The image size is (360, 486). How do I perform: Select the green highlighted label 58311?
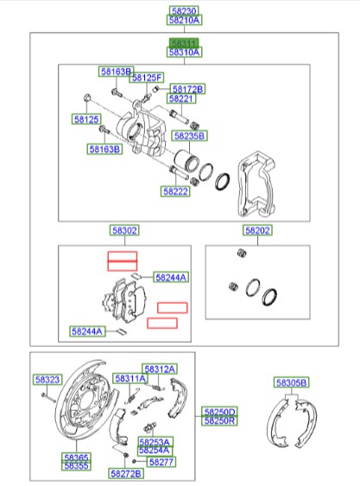184,42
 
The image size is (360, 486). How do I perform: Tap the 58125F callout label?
147,79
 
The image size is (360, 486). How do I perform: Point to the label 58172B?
187,89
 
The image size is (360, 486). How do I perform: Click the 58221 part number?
181,98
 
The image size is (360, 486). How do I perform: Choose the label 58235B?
189,136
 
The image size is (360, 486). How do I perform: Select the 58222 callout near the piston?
174,191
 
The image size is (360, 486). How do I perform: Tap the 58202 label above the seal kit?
256,231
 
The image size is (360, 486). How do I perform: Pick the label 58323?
47,380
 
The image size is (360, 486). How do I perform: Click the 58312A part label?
160,369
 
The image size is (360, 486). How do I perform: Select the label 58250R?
219,420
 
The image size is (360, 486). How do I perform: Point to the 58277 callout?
161,462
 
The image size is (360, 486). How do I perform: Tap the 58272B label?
125,474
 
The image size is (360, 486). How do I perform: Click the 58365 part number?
75,457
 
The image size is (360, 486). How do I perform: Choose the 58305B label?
292,382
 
